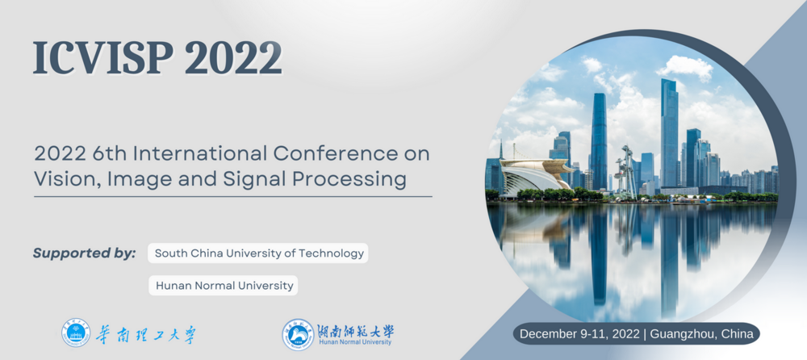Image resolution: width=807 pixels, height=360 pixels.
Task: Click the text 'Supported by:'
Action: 85,253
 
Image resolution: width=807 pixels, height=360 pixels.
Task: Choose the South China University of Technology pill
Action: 258,253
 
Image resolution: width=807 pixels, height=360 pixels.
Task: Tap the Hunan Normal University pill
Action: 224,285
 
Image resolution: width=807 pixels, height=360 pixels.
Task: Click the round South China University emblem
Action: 76,333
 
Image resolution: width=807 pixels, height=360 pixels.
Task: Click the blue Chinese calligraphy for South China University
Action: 145,334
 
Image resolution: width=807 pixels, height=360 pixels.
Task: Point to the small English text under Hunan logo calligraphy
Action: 355,342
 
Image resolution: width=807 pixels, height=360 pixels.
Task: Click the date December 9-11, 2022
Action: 579,333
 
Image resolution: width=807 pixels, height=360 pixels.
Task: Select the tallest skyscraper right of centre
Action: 669,133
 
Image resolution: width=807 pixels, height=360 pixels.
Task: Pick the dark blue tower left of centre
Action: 599,141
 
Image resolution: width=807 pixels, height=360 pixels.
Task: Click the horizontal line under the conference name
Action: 233,196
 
